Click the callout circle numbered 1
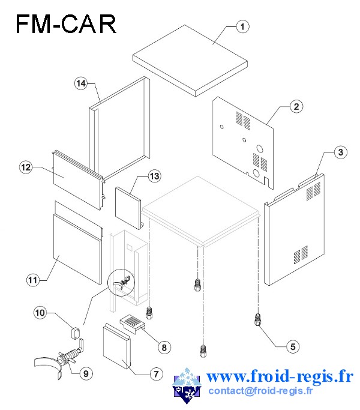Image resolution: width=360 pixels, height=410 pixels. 242,26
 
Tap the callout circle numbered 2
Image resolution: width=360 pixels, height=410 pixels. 296,107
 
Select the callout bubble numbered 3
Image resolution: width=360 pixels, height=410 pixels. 340,152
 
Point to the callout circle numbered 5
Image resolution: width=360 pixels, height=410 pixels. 293,347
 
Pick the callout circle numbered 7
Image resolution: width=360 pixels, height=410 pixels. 156,374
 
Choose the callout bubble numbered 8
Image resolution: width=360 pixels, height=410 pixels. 164,348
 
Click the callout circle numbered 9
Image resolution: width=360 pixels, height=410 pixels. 86,373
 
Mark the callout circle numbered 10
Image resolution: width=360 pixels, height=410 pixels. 40,313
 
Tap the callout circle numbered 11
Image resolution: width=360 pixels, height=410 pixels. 32,280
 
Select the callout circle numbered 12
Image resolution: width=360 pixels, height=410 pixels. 26,167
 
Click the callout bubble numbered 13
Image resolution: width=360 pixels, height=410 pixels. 154,176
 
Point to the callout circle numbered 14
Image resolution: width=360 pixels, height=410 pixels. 81,83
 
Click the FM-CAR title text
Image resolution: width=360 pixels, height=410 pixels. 66,24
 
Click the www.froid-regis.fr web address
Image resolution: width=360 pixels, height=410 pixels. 280,376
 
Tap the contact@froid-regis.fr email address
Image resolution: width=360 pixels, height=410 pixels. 260,391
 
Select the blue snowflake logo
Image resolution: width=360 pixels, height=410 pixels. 187,385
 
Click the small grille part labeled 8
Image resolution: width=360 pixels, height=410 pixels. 132,323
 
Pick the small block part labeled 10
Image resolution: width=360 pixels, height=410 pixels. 76,333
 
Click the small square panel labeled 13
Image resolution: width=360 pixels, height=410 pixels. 129,208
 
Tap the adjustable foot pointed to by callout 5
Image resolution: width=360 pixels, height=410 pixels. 257,319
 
